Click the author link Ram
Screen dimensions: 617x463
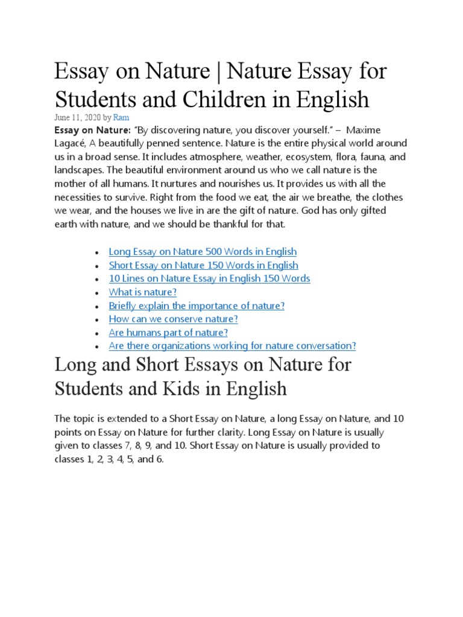(x=121, y=118)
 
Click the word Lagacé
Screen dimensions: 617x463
(x=71, y=144)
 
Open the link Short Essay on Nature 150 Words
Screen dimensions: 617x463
(x=203, y=265)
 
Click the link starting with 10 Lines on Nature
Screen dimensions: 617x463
(x=209, y=278)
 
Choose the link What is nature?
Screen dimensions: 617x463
(x=143, y=292)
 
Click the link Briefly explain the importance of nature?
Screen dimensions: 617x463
(x=197, y=305)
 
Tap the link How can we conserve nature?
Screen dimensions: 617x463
(x=173, y=319)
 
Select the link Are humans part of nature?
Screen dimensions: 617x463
(x=168, y=332)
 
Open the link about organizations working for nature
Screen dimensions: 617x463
(x=232, y=345)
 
